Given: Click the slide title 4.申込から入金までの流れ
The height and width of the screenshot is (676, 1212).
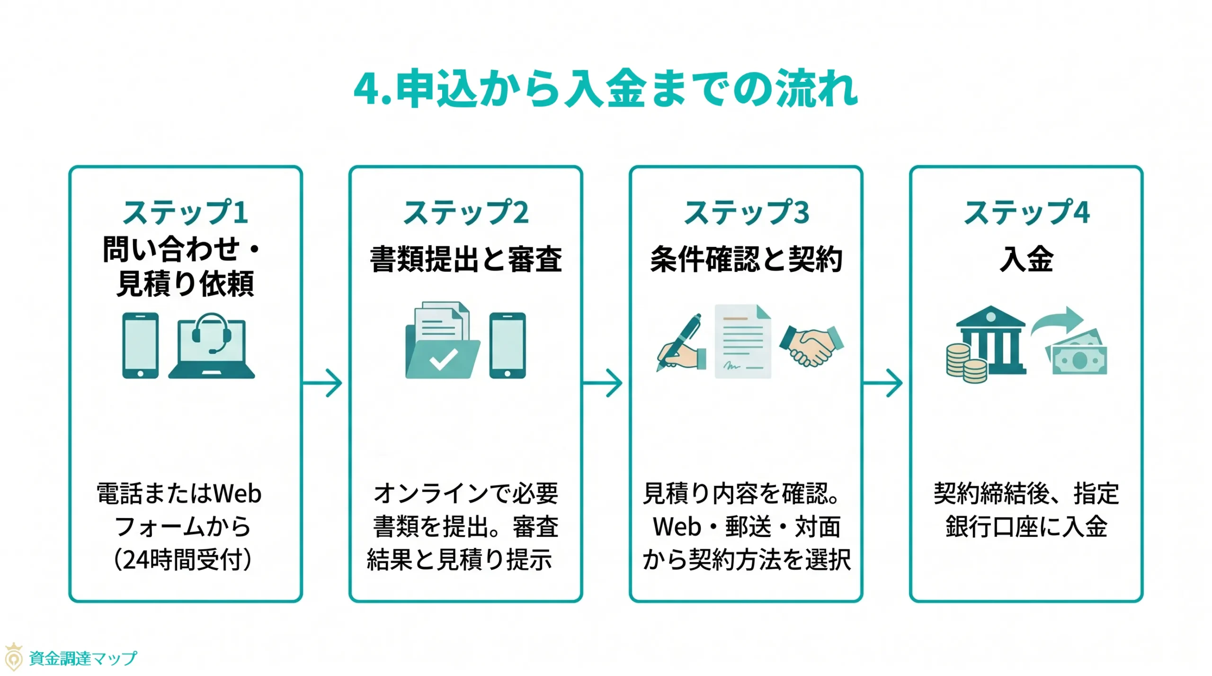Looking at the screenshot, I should pos(606,88).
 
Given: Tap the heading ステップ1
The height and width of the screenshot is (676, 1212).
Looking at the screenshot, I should pos(185,212).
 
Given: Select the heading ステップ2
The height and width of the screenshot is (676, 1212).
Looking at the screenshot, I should pos(465,212).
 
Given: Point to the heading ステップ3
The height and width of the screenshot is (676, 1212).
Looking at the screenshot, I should pos(746,212).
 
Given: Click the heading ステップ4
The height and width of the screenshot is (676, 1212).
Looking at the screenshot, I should pos(1026,212).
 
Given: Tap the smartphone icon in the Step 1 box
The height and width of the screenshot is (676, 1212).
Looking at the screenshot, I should pos(140,345).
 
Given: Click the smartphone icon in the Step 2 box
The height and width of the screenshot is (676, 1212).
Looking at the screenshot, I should pos(507,345).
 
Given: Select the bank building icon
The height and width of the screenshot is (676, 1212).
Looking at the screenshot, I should pos(990,341).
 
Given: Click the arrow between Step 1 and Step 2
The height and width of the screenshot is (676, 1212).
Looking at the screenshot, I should pos(323,382).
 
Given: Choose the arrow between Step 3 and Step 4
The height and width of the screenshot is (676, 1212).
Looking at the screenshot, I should pos(883,382).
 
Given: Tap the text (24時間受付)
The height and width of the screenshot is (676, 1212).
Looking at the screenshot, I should pos(183,560).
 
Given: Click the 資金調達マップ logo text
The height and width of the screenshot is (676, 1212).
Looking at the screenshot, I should pos(83,658).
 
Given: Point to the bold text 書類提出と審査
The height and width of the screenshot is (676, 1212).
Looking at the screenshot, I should pos(465,259).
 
